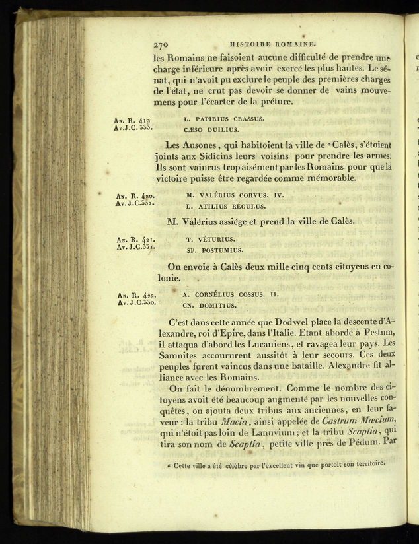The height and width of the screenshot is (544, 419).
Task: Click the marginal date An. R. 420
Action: click(135, 195)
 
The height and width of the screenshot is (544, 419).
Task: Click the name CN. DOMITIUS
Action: click(209, 305)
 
